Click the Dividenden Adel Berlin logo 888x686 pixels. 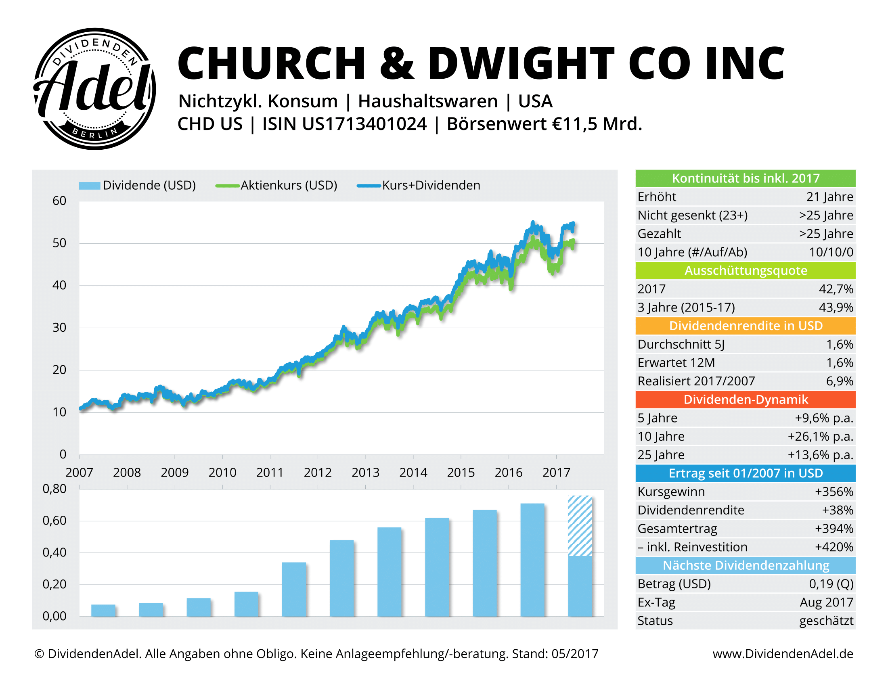click(x=94, y=89)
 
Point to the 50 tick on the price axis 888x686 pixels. click(x=59, y=243)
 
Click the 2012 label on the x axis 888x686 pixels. click(x=318, y=472)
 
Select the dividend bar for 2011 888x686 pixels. click(x=294, y=589)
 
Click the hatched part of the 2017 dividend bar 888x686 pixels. click(x=580, y=525)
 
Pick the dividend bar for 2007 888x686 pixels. click(x=103, y=610)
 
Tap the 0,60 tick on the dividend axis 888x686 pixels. click(x=54, y=521)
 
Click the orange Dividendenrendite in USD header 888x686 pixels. click(x=745, y=326)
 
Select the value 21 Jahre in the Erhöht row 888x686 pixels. click(x=829, y=197)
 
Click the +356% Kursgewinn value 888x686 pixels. click(x=834, y=492)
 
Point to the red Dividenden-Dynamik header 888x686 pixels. click(x=745, y=399)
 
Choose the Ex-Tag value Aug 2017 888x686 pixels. click(x=826, y=602)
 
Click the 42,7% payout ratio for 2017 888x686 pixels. click(x=836, y=289)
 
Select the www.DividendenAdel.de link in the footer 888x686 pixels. click(x=783, y=653)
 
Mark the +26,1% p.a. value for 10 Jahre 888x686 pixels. click(x=820, y=437)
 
